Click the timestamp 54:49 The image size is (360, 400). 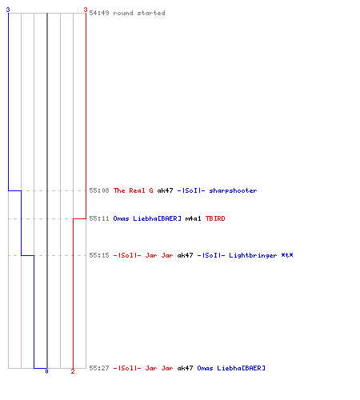coord(99,13)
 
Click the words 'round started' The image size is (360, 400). coord(139,13)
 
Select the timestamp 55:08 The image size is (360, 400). coord(99,190)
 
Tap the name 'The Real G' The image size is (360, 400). coord(133,190)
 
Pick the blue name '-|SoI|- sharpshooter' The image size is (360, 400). coord(217,190)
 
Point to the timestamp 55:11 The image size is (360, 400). coord(99,218)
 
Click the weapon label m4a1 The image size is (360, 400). coord(193,218)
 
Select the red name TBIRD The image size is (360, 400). coord(215,218)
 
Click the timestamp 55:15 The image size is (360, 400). coord(99,255)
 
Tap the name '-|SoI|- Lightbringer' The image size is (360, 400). coord(237,255)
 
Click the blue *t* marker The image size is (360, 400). coord(287,255)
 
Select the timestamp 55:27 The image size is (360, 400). coord(99,368)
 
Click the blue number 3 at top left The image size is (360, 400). coord(8,10)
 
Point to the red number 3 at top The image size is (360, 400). coord(86,10)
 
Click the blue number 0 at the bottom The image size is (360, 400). coord(46,371)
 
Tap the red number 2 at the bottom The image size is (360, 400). coord(73,371)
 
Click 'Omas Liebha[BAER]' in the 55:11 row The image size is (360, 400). coord(147,218)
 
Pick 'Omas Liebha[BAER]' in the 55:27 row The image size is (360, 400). coord(231,368)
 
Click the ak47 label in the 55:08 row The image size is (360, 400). coord(165,190)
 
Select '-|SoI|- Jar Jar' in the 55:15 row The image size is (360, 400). coord(143,255)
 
